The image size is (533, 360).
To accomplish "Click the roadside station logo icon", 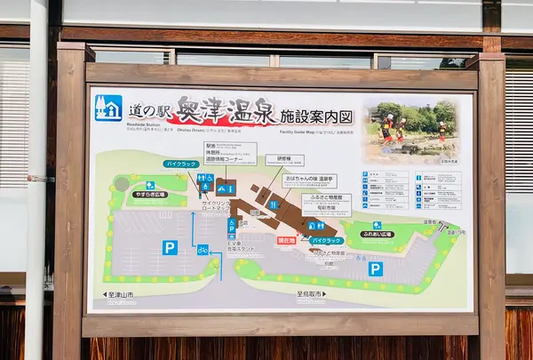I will (108, 107).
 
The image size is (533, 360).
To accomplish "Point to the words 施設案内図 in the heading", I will (317, 115).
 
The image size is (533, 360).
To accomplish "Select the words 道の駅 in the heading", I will (147, 112).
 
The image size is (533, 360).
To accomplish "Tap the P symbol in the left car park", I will (170, 247).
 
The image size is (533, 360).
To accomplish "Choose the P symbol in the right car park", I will (376, 268).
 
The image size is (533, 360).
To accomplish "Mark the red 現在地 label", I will (286, 240).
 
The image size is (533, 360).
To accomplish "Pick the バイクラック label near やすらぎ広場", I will (179, 164).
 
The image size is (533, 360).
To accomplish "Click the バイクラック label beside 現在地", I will (327, 240).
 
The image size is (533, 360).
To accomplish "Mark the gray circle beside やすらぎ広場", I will (122, 183).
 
